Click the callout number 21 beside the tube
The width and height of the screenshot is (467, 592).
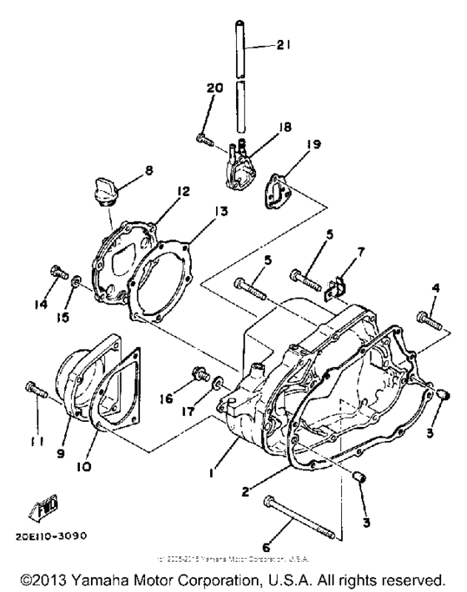[x=287, y=48]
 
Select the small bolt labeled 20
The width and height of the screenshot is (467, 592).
[x=203, y=137]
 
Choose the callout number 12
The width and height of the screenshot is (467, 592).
[x=183, y=191]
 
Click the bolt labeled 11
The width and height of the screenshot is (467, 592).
[x=34, y=389]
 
